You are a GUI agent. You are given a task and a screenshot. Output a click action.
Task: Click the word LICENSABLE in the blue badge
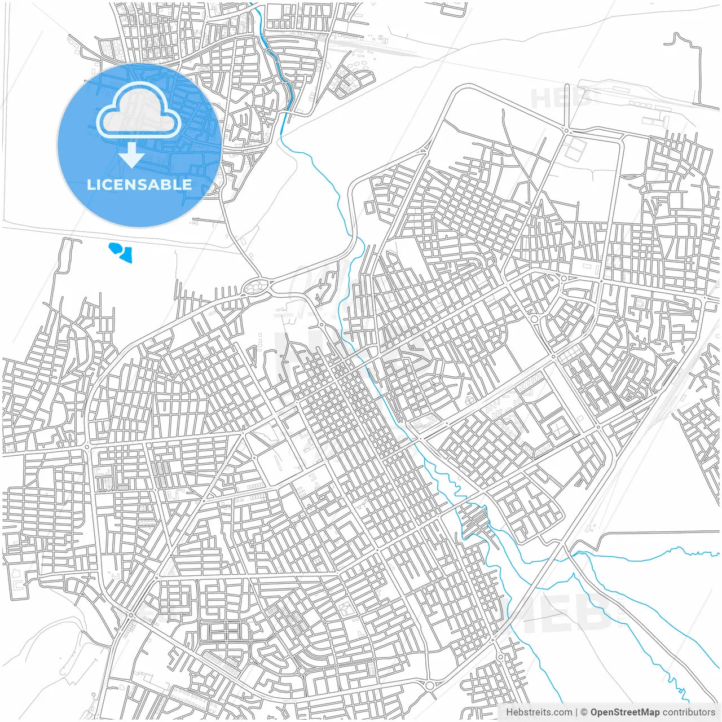coord(139,184)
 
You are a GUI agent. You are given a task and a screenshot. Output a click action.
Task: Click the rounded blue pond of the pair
coord(116,248)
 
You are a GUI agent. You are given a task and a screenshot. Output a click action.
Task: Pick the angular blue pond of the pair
coord(126,256)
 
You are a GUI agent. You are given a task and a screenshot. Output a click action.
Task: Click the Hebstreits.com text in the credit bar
coord(539,712)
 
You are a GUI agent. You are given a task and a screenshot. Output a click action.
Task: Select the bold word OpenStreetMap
coord(625,712)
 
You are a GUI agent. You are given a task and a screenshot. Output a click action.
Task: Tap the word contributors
coord(689,712)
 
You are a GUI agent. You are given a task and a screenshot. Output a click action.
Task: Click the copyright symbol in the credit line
coord(584,712)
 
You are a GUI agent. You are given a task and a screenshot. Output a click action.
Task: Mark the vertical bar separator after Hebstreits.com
coord(576,712)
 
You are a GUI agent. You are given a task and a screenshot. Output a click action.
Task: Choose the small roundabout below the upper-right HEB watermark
coord(566,131)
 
